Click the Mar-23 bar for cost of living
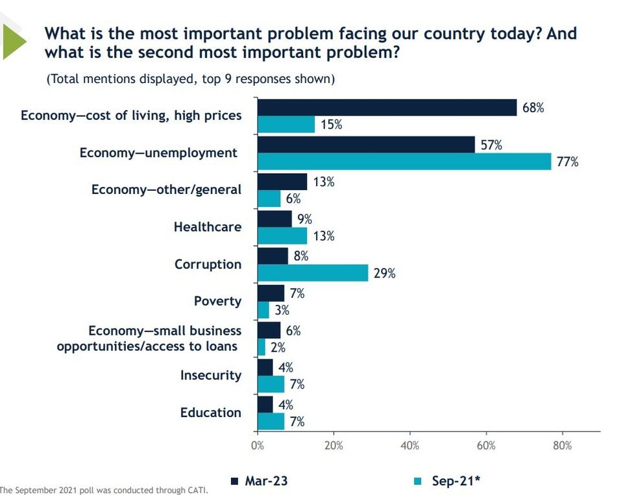(x=387, y=108)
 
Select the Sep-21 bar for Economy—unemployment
(x=404, y=162)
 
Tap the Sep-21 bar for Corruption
(x=313, y=273)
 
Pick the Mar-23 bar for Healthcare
(x=275, y=219)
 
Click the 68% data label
(x=533, y=108)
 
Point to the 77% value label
(x=567, y=162)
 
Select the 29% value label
(x=384, y=273)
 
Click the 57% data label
(x=491, y=145)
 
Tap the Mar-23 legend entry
(x=260, y=481)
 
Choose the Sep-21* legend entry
(x=449, y=481)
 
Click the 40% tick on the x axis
(x=410, y=446)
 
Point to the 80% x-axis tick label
(x=562, y=446)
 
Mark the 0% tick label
(x=258, y=446)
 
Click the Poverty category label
(x=217, y=301)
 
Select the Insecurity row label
(x=210, y=375)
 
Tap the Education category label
(x=210, y=413)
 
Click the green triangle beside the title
(x=13, y=41)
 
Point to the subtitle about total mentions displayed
(x=190, y=79)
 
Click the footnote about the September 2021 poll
(x=104, y=490)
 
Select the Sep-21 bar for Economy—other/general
(x=269, y=199)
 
